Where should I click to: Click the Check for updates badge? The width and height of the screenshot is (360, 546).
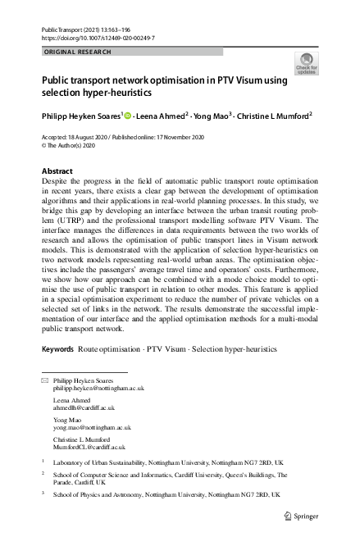[x=307, y=63]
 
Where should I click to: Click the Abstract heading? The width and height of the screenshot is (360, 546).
[x=57, y=171]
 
